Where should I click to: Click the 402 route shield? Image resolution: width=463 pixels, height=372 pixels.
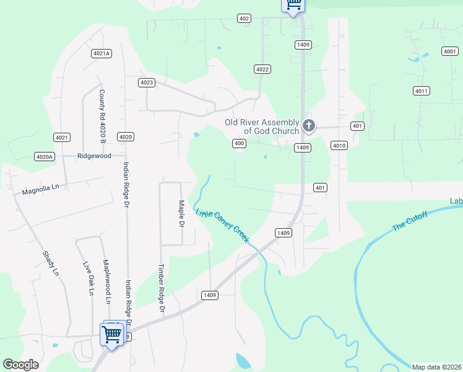tap(244, 19)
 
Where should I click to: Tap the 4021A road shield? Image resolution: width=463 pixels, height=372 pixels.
tap(101, 53)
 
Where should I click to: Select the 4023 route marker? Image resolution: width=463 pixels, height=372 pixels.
tap(147, 82)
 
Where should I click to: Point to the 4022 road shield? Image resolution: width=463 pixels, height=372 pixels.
tap(262, 69)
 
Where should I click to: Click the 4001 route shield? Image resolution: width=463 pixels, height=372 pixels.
tap(450, 51)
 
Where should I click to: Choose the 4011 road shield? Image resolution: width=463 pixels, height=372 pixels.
tap(421, 91)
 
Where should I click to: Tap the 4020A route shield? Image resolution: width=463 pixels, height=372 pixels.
tap(45, 157)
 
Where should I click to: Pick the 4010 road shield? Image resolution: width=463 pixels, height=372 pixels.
tap(339, 146)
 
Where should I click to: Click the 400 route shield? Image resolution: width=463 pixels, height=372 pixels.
tap(240, 143)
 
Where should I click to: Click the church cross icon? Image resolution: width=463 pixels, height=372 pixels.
tap(309, 126)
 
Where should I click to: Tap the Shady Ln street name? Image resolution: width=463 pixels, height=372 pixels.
tap(51, 263)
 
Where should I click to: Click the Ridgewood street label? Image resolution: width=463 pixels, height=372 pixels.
tap(94, 156)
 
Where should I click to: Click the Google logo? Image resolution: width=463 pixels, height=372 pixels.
tap(20, 365)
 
